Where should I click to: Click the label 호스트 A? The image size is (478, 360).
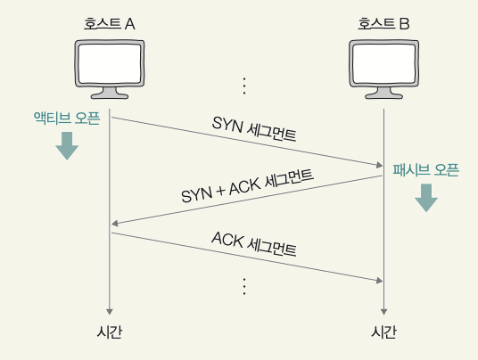(x=110, y=24)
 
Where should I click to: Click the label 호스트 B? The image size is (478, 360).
(x=383, y=24)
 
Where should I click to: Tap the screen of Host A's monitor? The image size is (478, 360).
(x=110, y=63)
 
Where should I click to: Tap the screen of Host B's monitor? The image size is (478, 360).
(x=383, y=63)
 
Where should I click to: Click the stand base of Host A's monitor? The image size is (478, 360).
(x=110, y=95)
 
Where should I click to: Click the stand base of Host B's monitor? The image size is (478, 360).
(x=383, y=95)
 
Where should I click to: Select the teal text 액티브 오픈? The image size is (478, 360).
(x=67, y=119)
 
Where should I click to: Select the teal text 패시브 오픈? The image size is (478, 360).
(x=426, y=170)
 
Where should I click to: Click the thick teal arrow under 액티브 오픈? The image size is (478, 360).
(x=67, y=146)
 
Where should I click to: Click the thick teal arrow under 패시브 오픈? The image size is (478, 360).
(x=426, y=198)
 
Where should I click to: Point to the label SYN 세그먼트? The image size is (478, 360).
(x=254, y=129)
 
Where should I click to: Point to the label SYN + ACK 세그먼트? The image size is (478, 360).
(x=247, y=185)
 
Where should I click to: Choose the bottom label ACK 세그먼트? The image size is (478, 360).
(x=254, y=243)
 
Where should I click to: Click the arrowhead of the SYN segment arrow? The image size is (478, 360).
(x=380, y=165)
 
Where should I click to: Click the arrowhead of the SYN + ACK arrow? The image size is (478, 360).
(x=115, y=224)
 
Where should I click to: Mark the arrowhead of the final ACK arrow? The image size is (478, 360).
(x=380, y=281)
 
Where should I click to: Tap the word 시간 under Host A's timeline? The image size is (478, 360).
(x=110, y=331)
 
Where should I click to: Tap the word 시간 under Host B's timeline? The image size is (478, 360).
(x=383, y=331)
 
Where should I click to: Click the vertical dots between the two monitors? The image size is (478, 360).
(x=244, y=86)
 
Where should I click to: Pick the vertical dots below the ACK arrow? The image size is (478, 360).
(x=244, y=286)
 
